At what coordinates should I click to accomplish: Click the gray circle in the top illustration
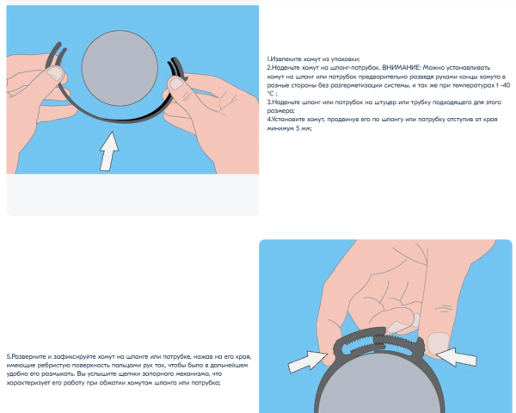point(120,69)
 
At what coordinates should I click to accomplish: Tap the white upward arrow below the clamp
point(109,151)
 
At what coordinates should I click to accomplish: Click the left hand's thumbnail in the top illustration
point(55,73)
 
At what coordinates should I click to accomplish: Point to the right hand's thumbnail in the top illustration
point(176,83)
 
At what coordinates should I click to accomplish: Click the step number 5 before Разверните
point(9,357)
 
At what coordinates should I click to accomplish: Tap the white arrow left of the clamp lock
point(308,361)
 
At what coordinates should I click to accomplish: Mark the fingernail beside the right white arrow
point(439,342)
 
